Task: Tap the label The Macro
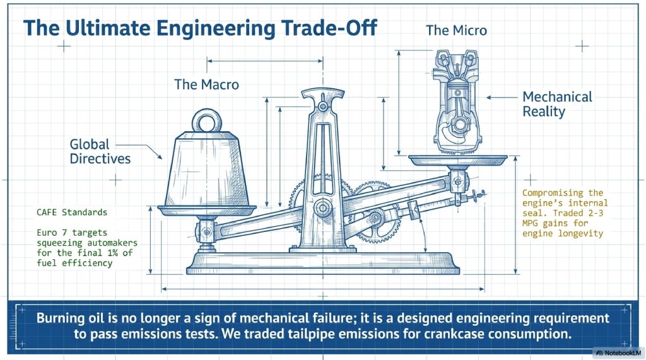pos(206,84)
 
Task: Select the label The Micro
pos(456,30)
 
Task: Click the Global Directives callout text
pos(100,151)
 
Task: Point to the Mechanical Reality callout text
pos(557,104)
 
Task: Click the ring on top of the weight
pos(207,120)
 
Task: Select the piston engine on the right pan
pos(457,102)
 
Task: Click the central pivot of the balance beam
pos(323,207)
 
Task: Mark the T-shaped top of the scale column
pos(322,94)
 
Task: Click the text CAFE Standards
pos(72,212)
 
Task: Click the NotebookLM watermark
pos(618,353)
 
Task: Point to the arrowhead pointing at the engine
pos(489,98)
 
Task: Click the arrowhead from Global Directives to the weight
pos(159,156)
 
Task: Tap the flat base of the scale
pos(323,263)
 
